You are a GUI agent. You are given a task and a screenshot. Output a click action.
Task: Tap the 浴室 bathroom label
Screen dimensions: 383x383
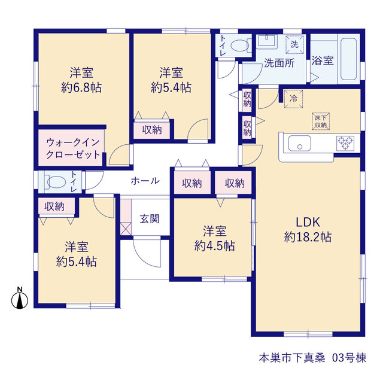[323, 60]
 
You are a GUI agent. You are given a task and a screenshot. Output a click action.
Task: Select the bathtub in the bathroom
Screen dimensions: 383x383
[348, 59]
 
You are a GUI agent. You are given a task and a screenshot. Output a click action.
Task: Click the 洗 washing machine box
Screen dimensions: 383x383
[294, 44]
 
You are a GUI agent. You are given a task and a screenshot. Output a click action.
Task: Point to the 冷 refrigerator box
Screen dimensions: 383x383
[293, 99]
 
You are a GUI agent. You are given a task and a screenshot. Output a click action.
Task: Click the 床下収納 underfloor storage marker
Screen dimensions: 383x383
[321, 121]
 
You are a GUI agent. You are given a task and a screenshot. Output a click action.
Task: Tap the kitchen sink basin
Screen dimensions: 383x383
[300, 144]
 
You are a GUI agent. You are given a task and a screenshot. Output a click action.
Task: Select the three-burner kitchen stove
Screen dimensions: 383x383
[345, 143]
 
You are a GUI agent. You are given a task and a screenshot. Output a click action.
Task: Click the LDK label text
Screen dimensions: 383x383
[308, 222]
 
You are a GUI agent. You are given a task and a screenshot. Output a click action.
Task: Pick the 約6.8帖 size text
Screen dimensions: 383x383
[81, 87]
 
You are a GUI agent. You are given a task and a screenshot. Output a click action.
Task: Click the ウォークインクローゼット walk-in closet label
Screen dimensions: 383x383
[73, 148]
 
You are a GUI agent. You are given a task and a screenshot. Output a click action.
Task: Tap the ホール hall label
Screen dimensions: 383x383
[145, 181]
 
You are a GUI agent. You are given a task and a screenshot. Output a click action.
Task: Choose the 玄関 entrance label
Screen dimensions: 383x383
[150, 219]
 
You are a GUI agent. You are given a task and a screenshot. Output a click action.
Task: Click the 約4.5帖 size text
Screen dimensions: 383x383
[214, 246]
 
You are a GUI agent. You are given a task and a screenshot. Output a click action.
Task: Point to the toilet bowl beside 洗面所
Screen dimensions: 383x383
[239, 45]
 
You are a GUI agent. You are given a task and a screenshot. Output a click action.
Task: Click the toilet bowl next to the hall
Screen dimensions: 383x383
[56, 182]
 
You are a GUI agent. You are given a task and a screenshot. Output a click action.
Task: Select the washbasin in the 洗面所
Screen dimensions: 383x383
[267, 41]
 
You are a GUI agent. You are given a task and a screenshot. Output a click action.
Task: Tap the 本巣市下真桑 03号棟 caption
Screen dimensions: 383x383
[312, 358]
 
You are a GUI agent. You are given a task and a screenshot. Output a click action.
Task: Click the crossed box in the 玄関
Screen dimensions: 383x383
[126, 229]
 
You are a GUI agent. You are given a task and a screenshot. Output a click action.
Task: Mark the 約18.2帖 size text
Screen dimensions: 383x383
[308, 237]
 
